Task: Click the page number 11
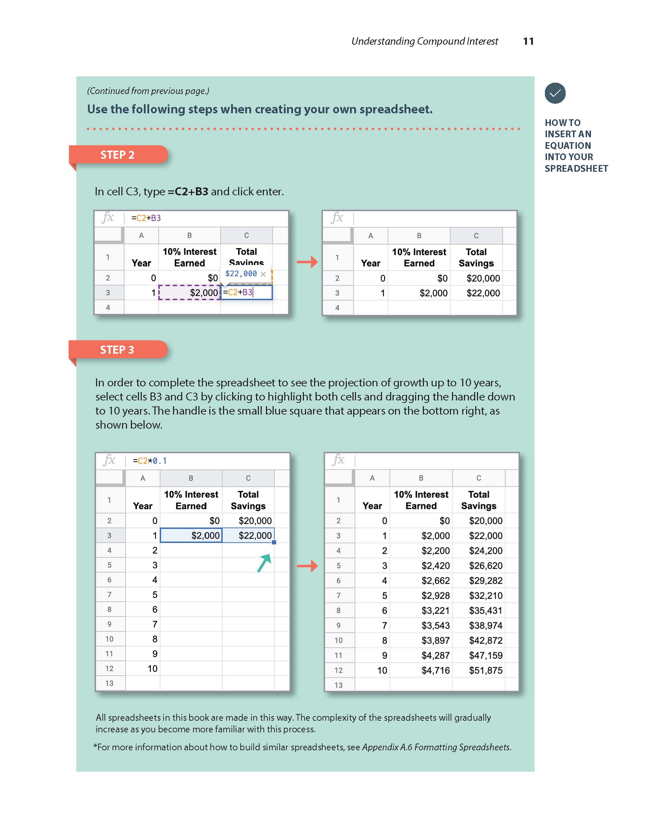pos(528,41)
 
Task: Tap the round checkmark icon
pos(555,93)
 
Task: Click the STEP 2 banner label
pos(117,154)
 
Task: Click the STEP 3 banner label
pos(117,349)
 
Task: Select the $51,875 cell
pos(479,670)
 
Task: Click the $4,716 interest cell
pos(421,670)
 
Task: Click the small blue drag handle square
pos(274,542)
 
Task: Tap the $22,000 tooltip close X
pos(263,274)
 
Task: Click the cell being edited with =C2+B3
pos(247,292)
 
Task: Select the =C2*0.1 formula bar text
pos(149,461)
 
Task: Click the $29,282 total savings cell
pos(479,580)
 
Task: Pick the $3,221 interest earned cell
pos(421,611)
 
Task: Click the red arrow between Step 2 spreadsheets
pos(307,262)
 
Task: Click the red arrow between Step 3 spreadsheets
pos(307,566)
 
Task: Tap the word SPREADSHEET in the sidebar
pos(576,169)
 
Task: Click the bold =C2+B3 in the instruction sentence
pos(188,191)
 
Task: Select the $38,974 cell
pos(479,625)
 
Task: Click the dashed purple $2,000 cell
pos(190,292)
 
